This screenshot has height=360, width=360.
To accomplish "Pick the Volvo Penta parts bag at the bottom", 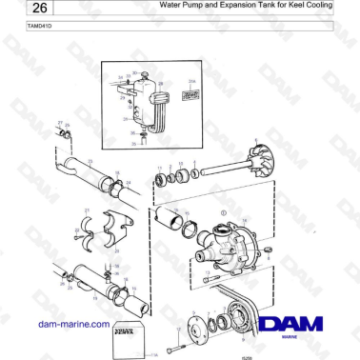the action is tap(128, 338).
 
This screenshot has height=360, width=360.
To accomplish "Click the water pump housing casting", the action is tap(229, 242).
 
